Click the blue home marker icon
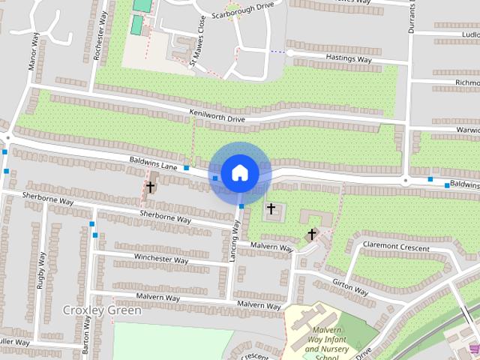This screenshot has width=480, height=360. (x=239, y=172)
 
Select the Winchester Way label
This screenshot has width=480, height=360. (x=160, y=259)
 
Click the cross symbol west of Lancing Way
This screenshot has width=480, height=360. (x=150, y=187)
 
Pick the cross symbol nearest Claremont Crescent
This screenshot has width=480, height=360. (x=312, y=235)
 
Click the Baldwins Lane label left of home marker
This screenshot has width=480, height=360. (x=153, y=162)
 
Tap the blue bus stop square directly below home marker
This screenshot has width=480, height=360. (x=241, y=205)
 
